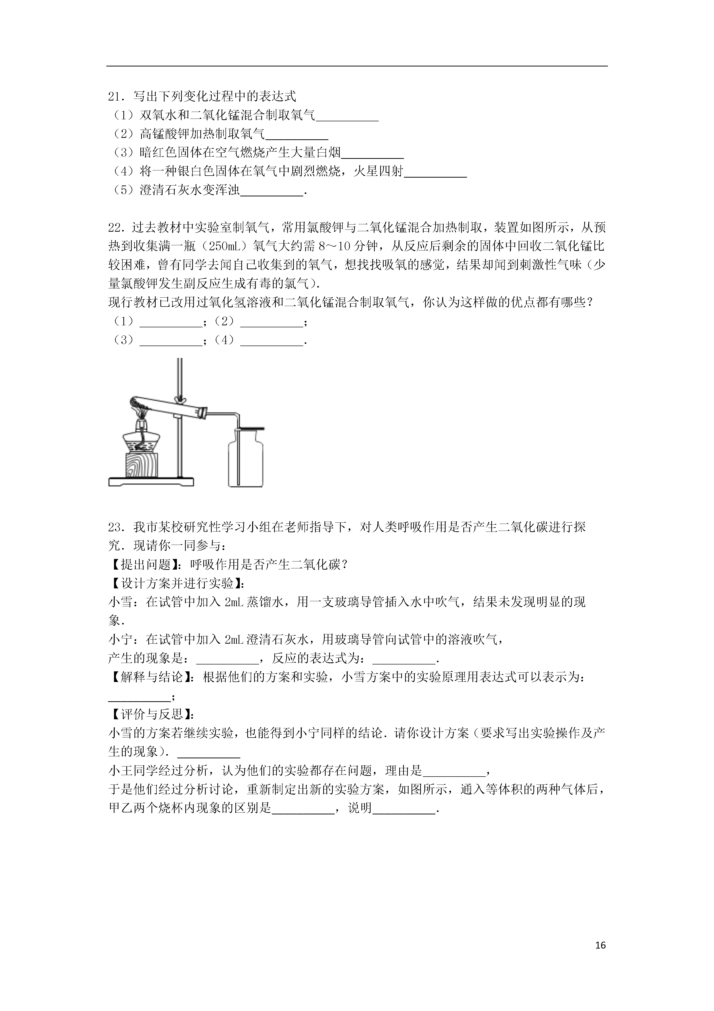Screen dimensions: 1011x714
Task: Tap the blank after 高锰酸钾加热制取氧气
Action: coord(297,135)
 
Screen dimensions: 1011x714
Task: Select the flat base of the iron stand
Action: coord(151,482)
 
